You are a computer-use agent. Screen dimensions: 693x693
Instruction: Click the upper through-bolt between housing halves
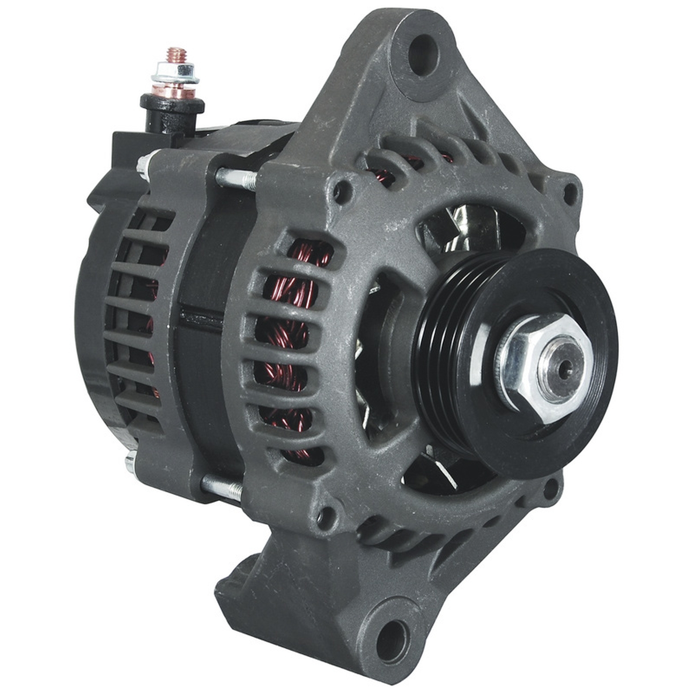[x=236, y=178]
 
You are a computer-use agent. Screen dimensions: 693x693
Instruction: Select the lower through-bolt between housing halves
[x=222, y=487]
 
